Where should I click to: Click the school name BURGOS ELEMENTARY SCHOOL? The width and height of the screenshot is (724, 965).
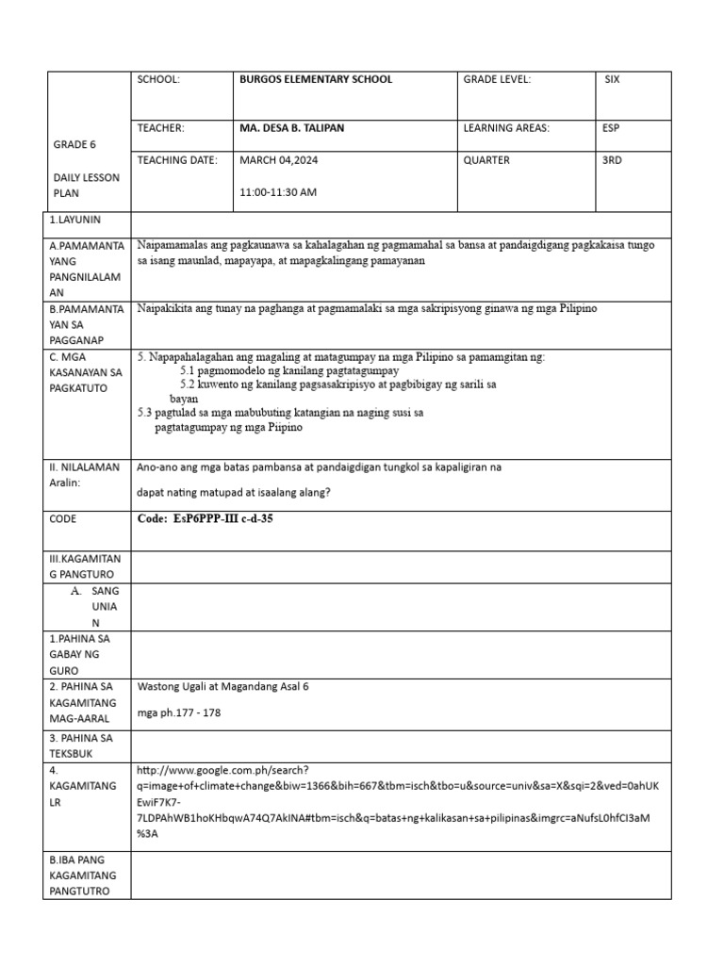[x=316, y=80]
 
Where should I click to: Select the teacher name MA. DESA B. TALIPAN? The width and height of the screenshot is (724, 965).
[x=292, y=128]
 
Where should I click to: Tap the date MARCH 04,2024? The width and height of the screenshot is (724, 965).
[x=279, y=160]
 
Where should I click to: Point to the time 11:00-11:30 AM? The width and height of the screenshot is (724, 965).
[x=278, y=192]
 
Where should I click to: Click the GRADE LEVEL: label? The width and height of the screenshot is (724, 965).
[x=497, y=80]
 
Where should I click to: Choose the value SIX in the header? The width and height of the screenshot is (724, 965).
[x=613, y=80]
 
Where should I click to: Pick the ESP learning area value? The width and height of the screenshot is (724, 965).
[x=611, y=128]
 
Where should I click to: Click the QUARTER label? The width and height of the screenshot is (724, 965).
[x=486, y=160]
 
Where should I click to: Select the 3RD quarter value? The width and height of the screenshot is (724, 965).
[x=612, y=160]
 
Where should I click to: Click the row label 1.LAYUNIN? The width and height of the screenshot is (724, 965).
[x=74, y=220]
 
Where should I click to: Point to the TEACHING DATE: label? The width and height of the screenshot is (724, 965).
[x=178, y=160]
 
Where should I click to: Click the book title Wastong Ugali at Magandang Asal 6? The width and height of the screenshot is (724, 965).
[x=223, y=687]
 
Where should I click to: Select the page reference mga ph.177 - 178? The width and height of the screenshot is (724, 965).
[x=179, y=713]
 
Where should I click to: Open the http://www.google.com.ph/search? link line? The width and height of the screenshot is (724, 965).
[x=230, y=770]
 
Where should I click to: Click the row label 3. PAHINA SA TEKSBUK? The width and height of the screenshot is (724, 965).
[x=80, y=746]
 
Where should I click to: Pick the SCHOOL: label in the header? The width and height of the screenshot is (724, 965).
[x=158, y=80]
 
